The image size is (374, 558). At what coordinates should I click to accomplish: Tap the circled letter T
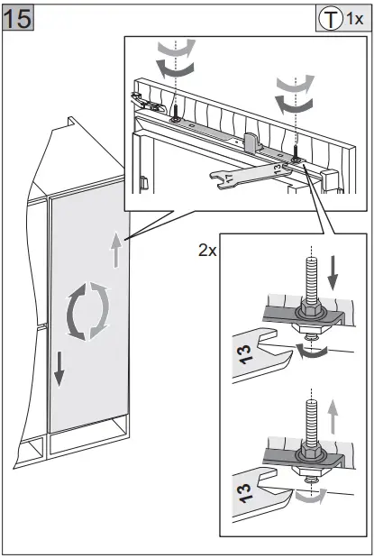[x=330, y=19]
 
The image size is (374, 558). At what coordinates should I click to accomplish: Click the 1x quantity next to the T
[x=354, y=19]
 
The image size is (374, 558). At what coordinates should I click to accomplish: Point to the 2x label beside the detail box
[x=207, y=251]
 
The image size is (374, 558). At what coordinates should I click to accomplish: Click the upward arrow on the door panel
[x=116, y=250]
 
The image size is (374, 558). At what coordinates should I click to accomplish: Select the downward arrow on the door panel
[x=59, y=369]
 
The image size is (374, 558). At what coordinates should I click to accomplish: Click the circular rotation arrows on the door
[x=88, y=311]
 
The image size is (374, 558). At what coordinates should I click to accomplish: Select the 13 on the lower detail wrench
[x=245, y=493]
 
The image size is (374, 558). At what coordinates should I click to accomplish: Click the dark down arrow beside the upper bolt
[x=333, y=272]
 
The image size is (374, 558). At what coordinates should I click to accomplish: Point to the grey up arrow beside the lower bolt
[x=333, y=416]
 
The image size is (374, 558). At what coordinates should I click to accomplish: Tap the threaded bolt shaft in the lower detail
[x=312, y=420]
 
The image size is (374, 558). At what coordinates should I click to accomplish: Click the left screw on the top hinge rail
[x=176, y=114]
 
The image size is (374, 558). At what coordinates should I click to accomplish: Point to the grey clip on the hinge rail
[x=251, y=140]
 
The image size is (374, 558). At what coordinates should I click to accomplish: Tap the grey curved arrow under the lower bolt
[x=312, y=496]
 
